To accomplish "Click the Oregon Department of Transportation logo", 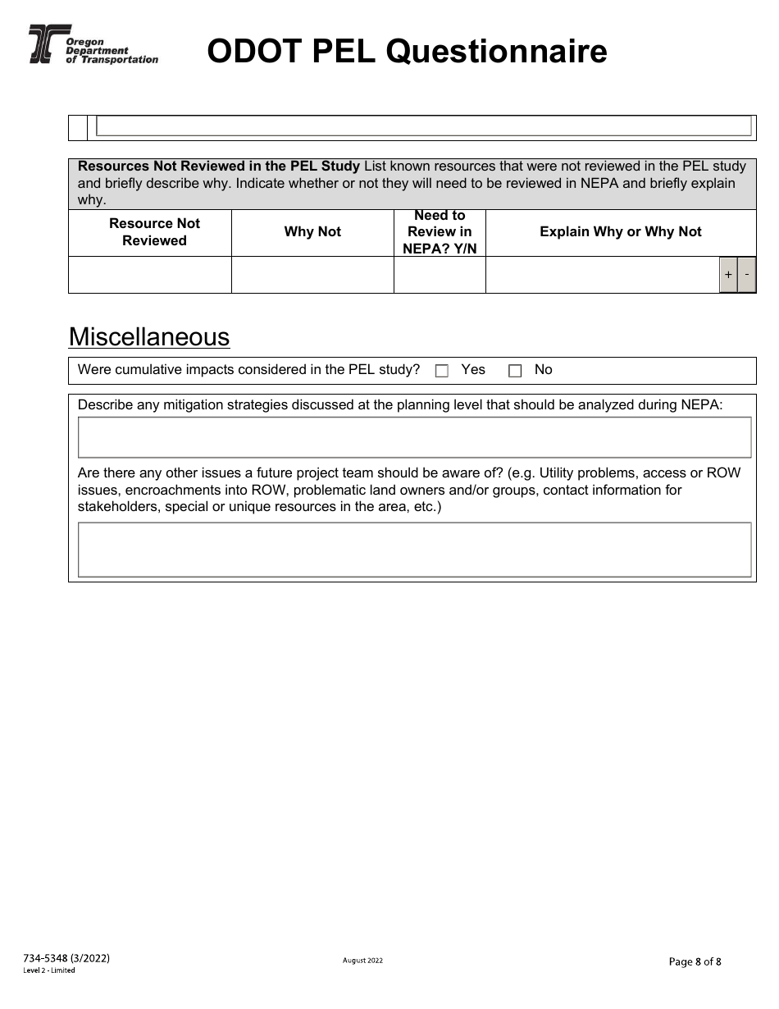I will (x=93, y=44).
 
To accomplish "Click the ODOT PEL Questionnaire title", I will (x=407, y=52).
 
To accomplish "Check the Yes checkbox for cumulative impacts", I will (x=442, y=371).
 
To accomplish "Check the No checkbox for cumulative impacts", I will (x=515, y=371).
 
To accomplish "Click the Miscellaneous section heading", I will (x=148, y=337).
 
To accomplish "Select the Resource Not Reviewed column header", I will (x=154, y=232).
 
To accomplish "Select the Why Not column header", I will (x=312, y=232).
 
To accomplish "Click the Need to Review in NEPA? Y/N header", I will (x=440, y=232).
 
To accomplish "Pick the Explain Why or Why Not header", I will (x=620, y=232).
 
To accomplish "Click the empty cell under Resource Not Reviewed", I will (x=150, y=275).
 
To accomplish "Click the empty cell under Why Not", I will (x=312, y=275).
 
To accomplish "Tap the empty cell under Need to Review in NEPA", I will (x=440, y=275).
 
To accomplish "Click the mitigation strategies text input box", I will (x=414, y=437).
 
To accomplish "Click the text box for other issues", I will (x=414, y=550).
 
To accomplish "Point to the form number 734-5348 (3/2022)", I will (x=66, y=958).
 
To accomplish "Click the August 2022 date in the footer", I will (x=362, y=961).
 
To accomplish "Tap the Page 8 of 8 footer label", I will (x=695, y=962).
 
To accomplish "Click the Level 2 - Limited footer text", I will (x=49, y=970).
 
